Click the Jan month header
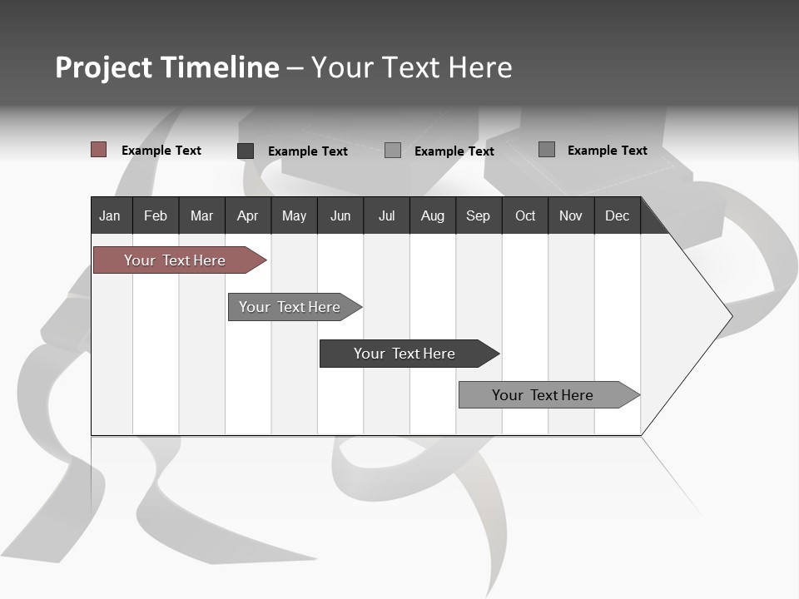(110, 215)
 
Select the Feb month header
(156, 215)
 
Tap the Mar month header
(201, 215)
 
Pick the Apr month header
(247, 215)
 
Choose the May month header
(294, 215)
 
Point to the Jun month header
(340, 215)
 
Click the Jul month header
(386, 215)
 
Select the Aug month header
(432, 215)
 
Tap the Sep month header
(478, 215)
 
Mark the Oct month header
(525, 215)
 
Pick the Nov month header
(571, 215)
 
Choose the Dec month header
(617, 215)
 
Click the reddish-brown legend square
(98, 150)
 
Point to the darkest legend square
(246, 151)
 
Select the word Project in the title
(103, 67)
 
